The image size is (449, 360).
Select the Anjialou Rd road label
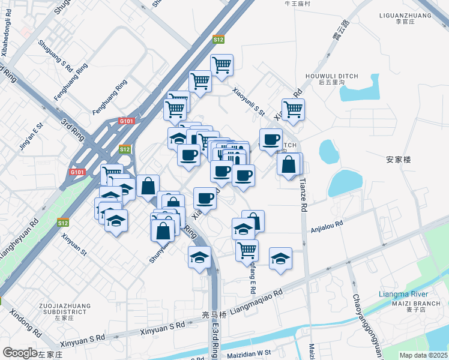click(x=327, y=226)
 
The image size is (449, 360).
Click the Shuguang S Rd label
click(x=55, y=54)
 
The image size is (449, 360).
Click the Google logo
click(x=20, y=353)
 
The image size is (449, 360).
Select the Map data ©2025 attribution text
click(x=424, y=355)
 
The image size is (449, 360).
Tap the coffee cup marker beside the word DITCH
click(x=271, y=139)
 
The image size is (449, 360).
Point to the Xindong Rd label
click(x=25, y=324)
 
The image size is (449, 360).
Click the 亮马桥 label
click(x=214, y=314)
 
